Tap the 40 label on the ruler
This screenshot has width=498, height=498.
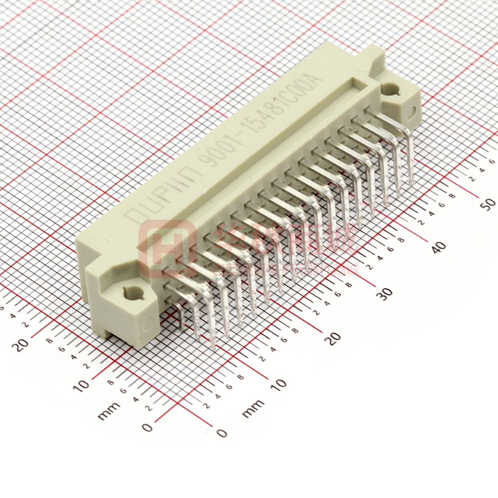[x=438, y=247]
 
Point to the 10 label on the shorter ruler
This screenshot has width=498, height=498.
[x=82, y=384]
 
